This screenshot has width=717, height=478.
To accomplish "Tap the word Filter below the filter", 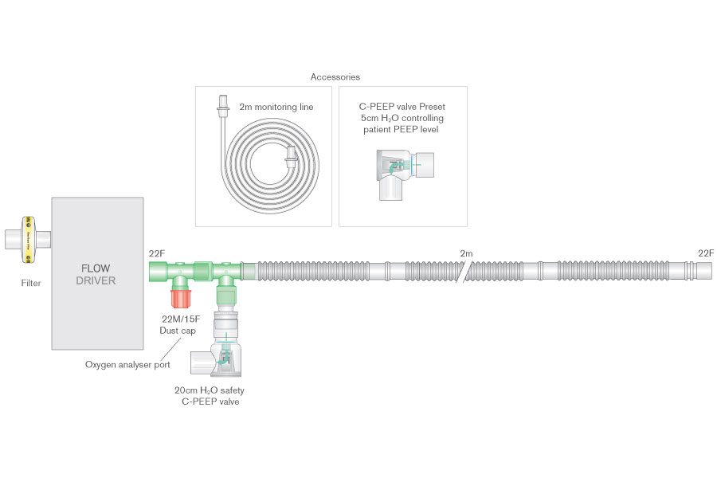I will [x=31, y=282].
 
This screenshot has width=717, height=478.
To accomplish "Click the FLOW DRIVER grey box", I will [x=97, y=273].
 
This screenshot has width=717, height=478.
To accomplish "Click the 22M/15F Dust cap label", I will [x=182, y=324].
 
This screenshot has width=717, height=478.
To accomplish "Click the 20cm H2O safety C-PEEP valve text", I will [x=208, y=396].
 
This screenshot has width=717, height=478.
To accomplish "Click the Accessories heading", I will [x=335, y=77].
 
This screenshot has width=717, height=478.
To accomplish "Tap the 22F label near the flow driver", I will [x=157, y=253].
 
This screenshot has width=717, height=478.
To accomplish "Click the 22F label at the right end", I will [x=706, y=253].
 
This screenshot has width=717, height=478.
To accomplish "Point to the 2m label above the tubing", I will [x=466, y=253].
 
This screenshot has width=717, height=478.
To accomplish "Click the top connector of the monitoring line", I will [x=224, y=104].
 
